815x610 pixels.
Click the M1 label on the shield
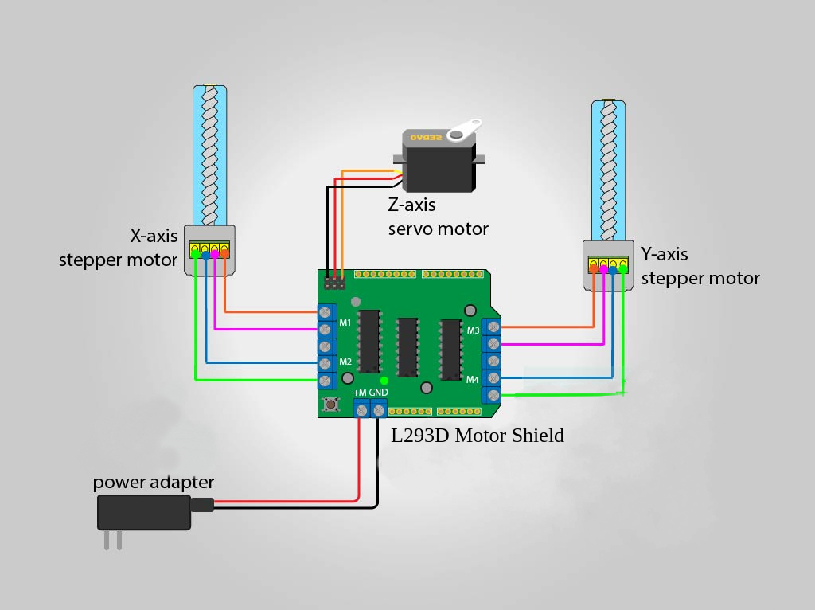(345, 323)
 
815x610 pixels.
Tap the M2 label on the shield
(345, 362)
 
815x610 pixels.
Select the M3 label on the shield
(473, 330)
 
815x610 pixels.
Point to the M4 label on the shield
(473, 380)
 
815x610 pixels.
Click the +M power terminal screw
(362, 411)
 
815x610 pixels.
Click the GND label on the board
(378, 392)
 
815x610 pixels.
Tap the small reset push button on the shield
(330, 404)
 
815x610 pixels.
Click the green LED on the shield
(384, 381)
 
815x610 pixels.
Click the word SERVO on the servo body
(427, 137)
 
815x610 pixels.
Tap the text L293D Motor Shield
(478, 436)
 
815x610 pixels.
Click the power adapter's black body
(144, 512)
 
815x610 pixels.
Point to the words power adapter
(154, 482)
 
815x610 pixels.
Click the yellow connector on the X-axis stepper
(209, 249)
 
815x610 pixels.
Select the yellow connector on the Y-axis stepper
(608, 264)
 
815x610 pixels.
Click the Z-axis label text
(411, 205)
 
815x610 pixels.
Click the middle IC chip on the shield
(407, 347)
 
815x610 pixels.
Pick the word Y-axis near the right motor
(665, 254)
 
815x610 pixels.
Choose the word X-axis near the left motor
(154, 236)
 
